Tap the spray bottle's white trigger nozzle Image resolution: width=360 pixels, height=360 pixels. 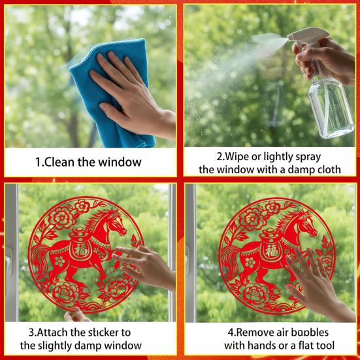tap(308, 37)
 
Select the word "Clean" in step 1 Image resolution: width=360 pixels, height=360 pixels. tap(59, 162)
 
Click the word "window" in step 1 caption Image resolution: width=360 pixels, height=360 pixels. tap(120, 162)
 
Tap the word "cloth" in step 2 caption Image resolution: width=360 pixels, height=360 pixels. tap(329, 170)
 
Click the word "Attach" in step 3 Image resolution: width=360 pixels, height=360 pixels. tap(52, 332)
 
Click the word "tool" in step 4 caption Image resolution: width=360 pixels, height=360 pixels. tap(325, 346)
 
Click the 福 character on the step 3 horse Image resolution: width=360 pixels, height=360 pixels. tap(80, 250)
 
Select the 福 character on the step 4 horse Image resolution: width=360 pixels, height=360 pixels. tap(271, 250)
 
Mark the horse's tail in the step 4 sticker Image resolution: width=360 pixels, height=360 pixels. tap(230, 261)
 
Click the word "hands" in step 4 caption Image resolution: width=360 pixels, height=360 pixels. tap(262, 346)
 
